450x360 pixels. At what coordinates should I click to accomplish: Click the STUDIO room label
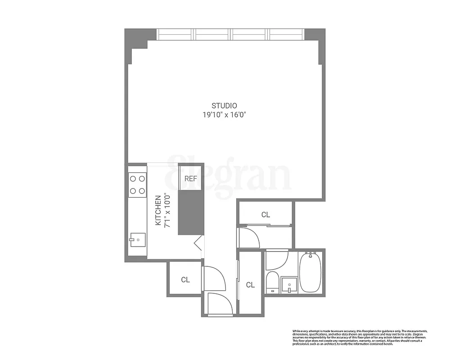point(224,106)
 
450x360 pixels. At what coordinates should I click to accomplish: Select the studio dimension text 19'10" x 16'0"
point(224,115)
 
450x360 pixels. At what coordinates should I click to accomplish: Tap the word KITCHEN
point(158,210)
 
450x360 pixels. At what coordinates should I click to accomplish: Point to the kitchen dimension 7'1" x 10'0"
point(166,210)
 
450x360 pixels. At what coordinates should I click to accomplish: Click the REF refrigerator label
point(191,179)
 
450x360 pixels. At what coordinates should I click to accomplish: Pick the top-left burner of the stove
point(133,179)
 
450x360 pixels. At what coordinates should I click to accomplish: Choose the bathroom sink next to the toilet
point(289,285)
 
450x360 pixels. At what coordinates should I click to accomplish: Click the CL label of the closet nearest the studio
point(265,215)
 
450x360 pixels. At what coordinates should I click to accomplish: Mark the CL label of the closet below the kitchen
point(185,279)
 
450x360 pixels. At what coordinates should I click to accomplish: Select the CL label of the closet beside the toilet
point(250,285)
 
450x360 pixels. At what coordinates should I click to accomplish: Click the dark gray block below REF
point(191,212)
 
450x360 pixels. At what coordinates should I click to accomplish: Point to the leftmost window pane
point(175,34)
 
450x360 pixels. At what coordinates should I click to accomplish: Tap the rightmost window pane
point(286,34)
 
